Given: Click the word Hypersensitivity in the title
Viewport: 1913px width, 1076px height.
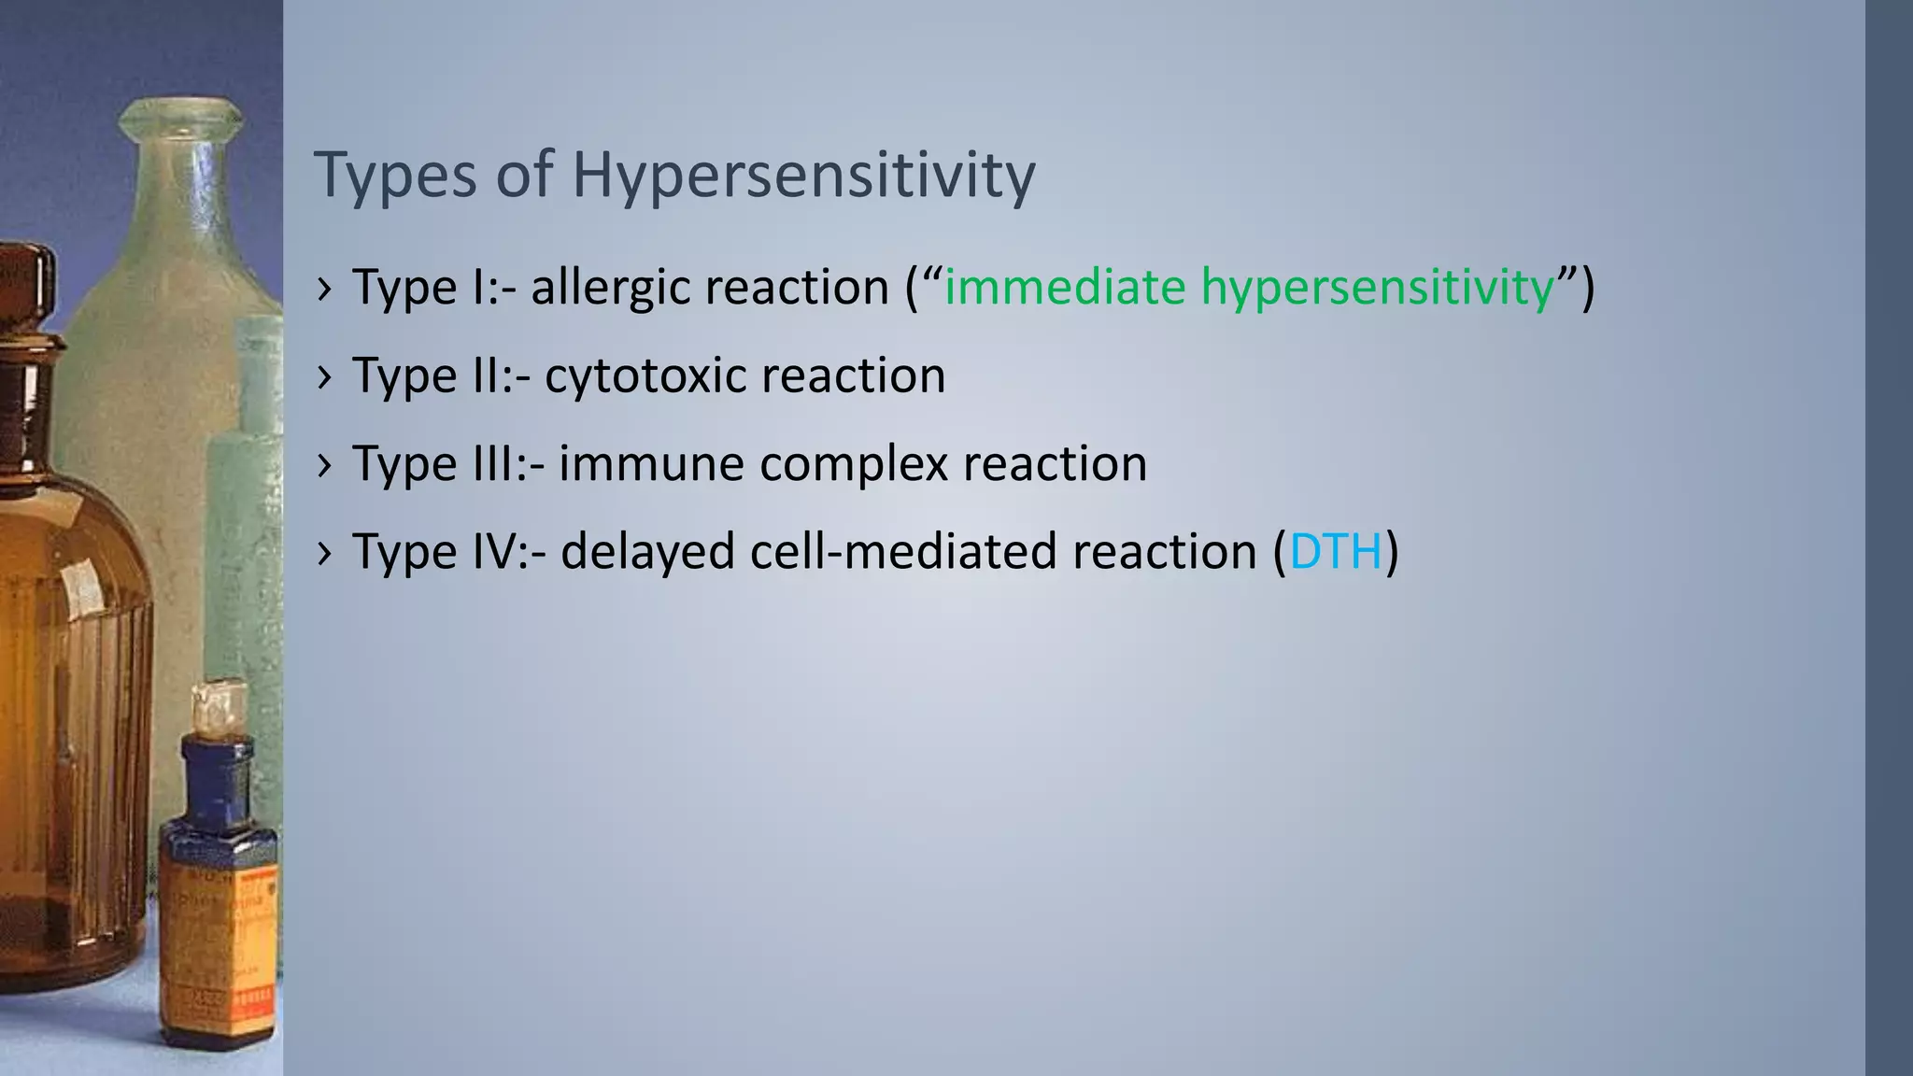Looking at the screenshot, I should coord(803,176).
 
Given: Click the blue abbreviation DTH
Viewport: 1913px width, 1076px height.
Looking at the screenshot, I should coord(1335,551).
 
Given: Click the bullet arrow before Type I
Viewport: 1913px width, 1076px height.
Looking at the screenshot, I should coord(323,290).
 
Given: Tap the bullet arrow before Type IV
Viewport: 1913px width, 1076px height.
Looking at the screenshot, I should coord(323,555).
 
